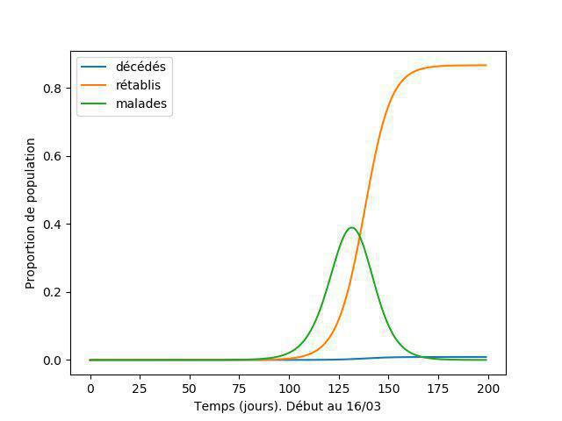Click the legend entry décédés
(x=140, y=67)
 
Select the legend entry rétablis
(x=138, y=85)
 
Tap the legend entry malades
(x=141, y=103)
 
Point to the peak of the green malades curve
(x=351, y=228)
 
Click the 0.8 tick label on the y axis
(x=51, y=88)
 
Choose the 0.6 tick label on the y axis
(x=51, y=156)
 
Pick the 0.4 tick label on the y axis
(x=51, y=225)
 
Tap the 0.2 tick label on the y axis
(x=51, y=292)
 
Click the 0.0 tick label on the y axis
(x=51, y=360)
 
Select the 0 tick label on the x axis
(x=90, y=388)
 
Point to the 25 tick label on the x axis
(x=140, y=388)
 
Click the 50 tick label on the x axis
(x=190, y=388)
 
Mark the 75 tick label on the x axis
(x=240, y=388)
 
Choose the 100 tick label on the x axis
(x=289, y=388)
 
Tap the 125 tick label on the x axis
(x=339, y=388)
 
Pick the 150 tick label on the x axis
(x=389, y=388)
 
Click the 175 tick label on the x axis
(x=438, y=388)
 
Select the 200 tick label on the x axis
(x=488, y=388)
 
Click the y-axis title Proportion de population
(x=30, y=213)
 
